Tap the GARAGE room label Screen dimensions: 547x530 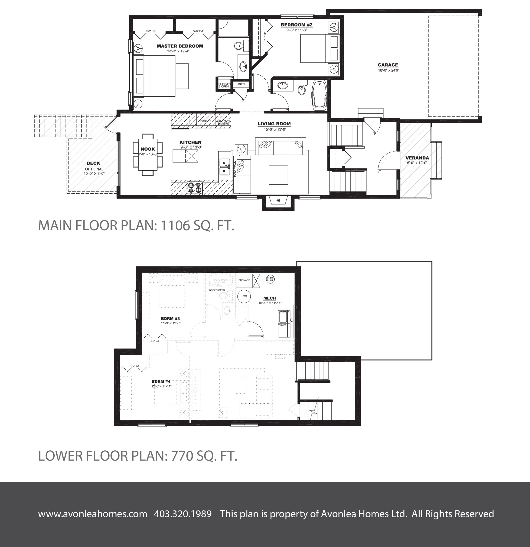(x=388, y=65)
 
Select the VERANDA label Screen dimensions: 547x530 (x=417, y=158)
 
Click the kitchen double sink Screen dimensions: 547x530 (x=224, y=167)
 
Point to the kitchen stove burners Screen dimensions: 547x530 (x=195, y=188)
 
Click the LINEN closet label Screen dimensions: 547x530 (x=240, y=84)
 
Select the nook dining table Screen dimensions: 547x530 (x=148, y=154)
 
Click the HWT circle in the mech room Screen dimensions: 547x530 (x=244, y=296)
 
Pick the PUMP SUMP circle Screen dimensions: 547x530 (x=270, y=279)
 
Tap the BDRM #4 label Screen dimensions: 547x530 (x=161, y=381)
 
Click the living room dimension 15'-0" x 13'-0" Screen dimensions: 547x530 (x=275, y=129)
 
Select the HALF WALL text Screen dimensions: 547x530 (x=235, y=169)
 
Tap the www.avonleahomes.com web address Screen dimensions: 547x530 (x=93, y=514)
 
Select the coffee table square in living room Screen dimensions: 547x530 (x=278, y=175)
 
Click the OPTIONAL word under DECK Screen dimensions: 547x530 (x=94, y=169)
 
